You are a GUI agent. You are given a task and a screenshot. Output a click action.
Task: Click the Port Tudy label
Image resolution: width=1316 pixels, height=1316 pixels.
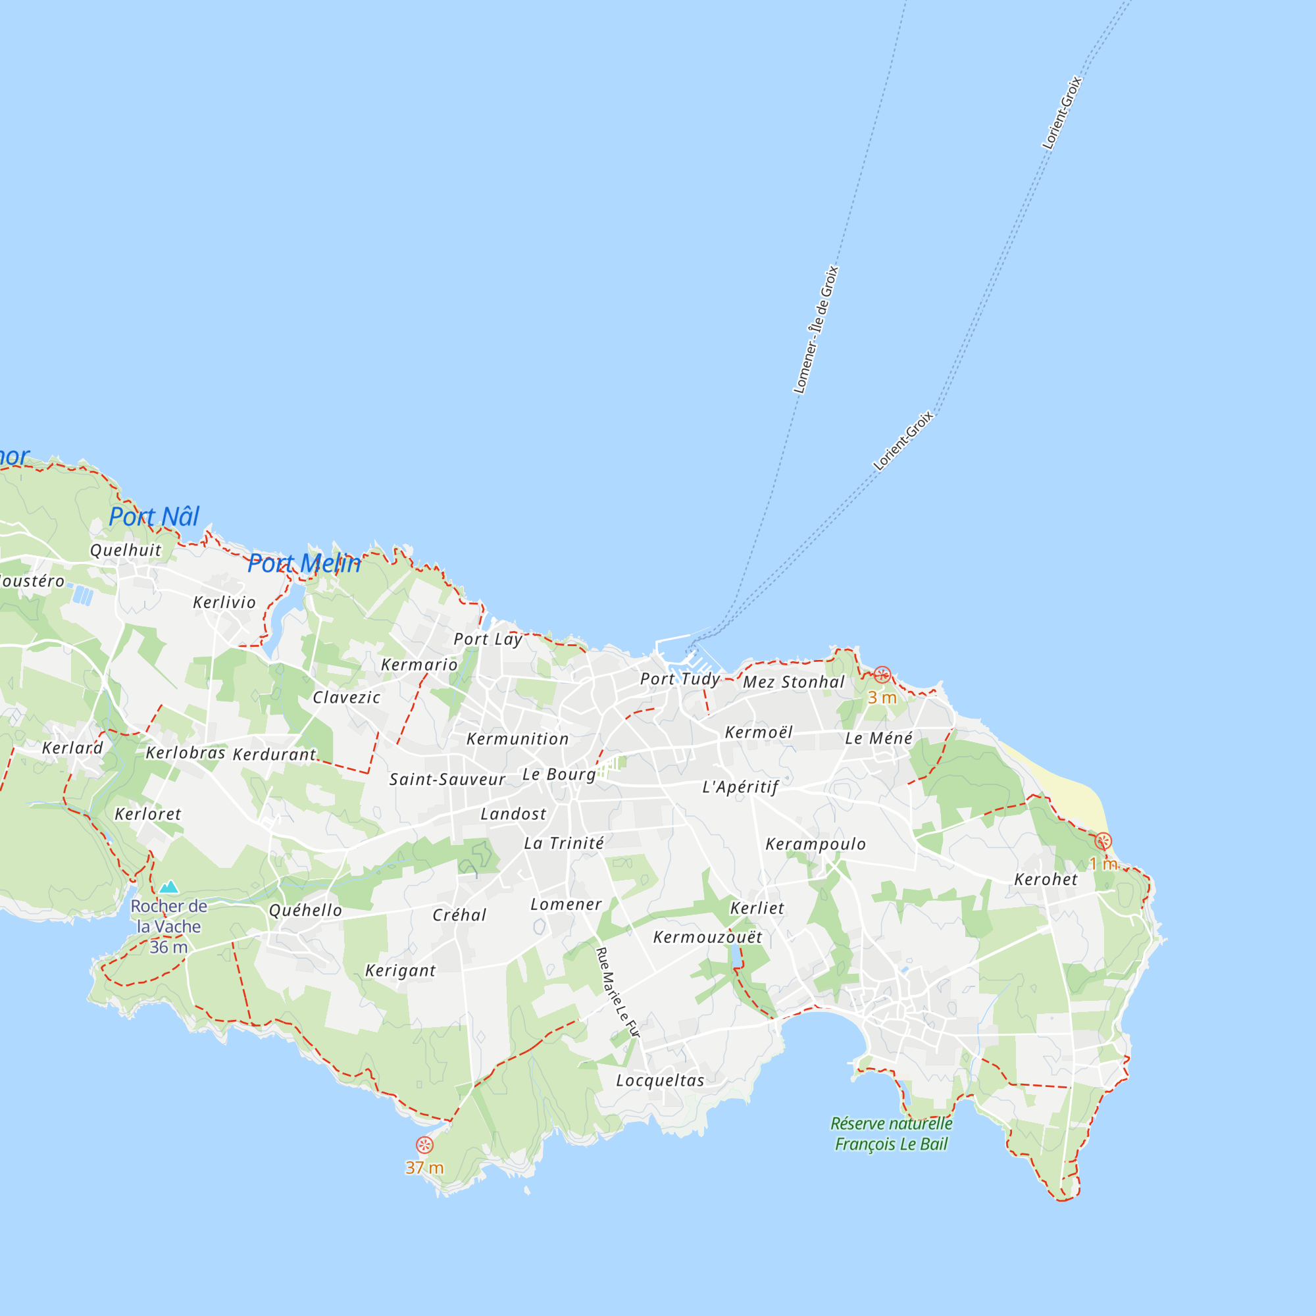(680, 679)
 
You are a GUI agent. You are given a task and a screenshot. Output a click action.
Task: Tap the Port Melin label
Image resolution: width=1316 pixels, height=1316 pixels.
(304, 563)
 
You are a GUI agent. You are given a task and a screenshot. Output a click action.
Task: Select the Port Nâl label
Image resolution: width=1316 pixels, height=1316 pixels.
(154, 517)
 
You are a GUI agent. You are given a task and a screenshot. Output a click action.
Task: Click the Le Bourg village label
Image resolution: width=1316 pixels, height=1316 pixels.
(559, 774)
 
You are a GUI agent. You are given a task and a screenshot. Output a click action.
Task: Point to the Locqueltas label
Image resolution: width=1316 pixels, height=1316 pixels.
(660, 1080)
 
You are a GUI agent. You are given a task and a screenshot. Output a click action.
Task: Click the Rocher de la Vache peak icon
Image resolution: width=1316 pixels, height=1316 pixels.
(168, 887)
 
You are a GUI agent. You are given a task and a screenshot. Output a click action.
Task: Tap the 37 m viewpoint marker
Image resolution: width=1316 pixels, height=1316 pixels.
(424, 1145)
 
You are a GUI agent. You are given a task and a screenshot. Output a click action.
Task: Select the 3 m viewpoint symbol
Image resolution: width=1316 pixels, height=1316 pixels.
(882, 675)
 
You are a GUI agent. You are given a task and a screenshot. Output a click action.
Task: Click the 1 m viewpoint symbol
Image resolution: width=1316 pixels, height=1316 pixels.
(1103, 841)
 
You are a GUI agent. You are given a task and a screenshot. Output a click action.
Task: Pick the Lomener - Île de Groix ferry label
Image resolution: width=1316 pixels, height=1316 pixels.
(816, 330)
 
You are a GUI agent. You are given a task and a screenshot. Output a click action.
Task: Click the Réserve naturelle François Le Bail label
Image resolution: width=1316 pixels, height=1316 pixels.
(891, 1134)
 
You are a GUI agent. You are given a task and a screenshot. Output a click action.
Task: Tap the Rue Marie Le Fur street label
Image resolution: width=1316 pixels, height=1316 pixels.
(618, 992)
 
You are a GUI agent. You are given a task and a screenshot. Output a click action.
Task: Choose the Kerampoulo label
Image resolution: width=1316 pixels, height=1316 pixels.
(815, 845)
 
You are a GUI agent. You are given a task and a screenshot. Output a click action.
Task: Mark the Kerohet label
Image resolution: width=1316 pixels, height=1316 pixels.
(1046, 879)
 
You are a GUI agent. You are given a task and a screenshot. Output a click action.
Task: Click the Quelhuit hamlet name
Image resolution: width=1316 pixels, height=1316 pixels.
(126, 550)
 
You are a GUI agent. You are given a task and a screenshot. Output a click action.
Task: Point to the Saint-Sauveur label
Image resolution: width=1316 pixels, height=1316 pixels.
(447, 779)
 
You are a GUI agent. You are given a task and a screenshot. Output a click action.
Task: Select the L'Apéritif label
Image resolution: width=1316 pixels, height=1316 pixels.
(740, 788)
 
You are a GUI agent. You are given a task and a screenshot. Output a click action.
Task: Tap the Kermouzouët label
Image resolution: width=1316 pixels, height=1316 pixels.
(708, 937)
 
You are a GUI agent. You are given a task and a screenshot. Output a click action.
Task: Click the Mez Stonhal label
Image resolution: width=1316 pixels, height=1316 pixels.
(794, 682)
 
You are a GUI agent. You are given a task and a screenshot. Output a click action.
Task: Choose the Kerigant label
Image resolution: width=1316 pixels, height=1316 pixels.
(401, 971)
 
